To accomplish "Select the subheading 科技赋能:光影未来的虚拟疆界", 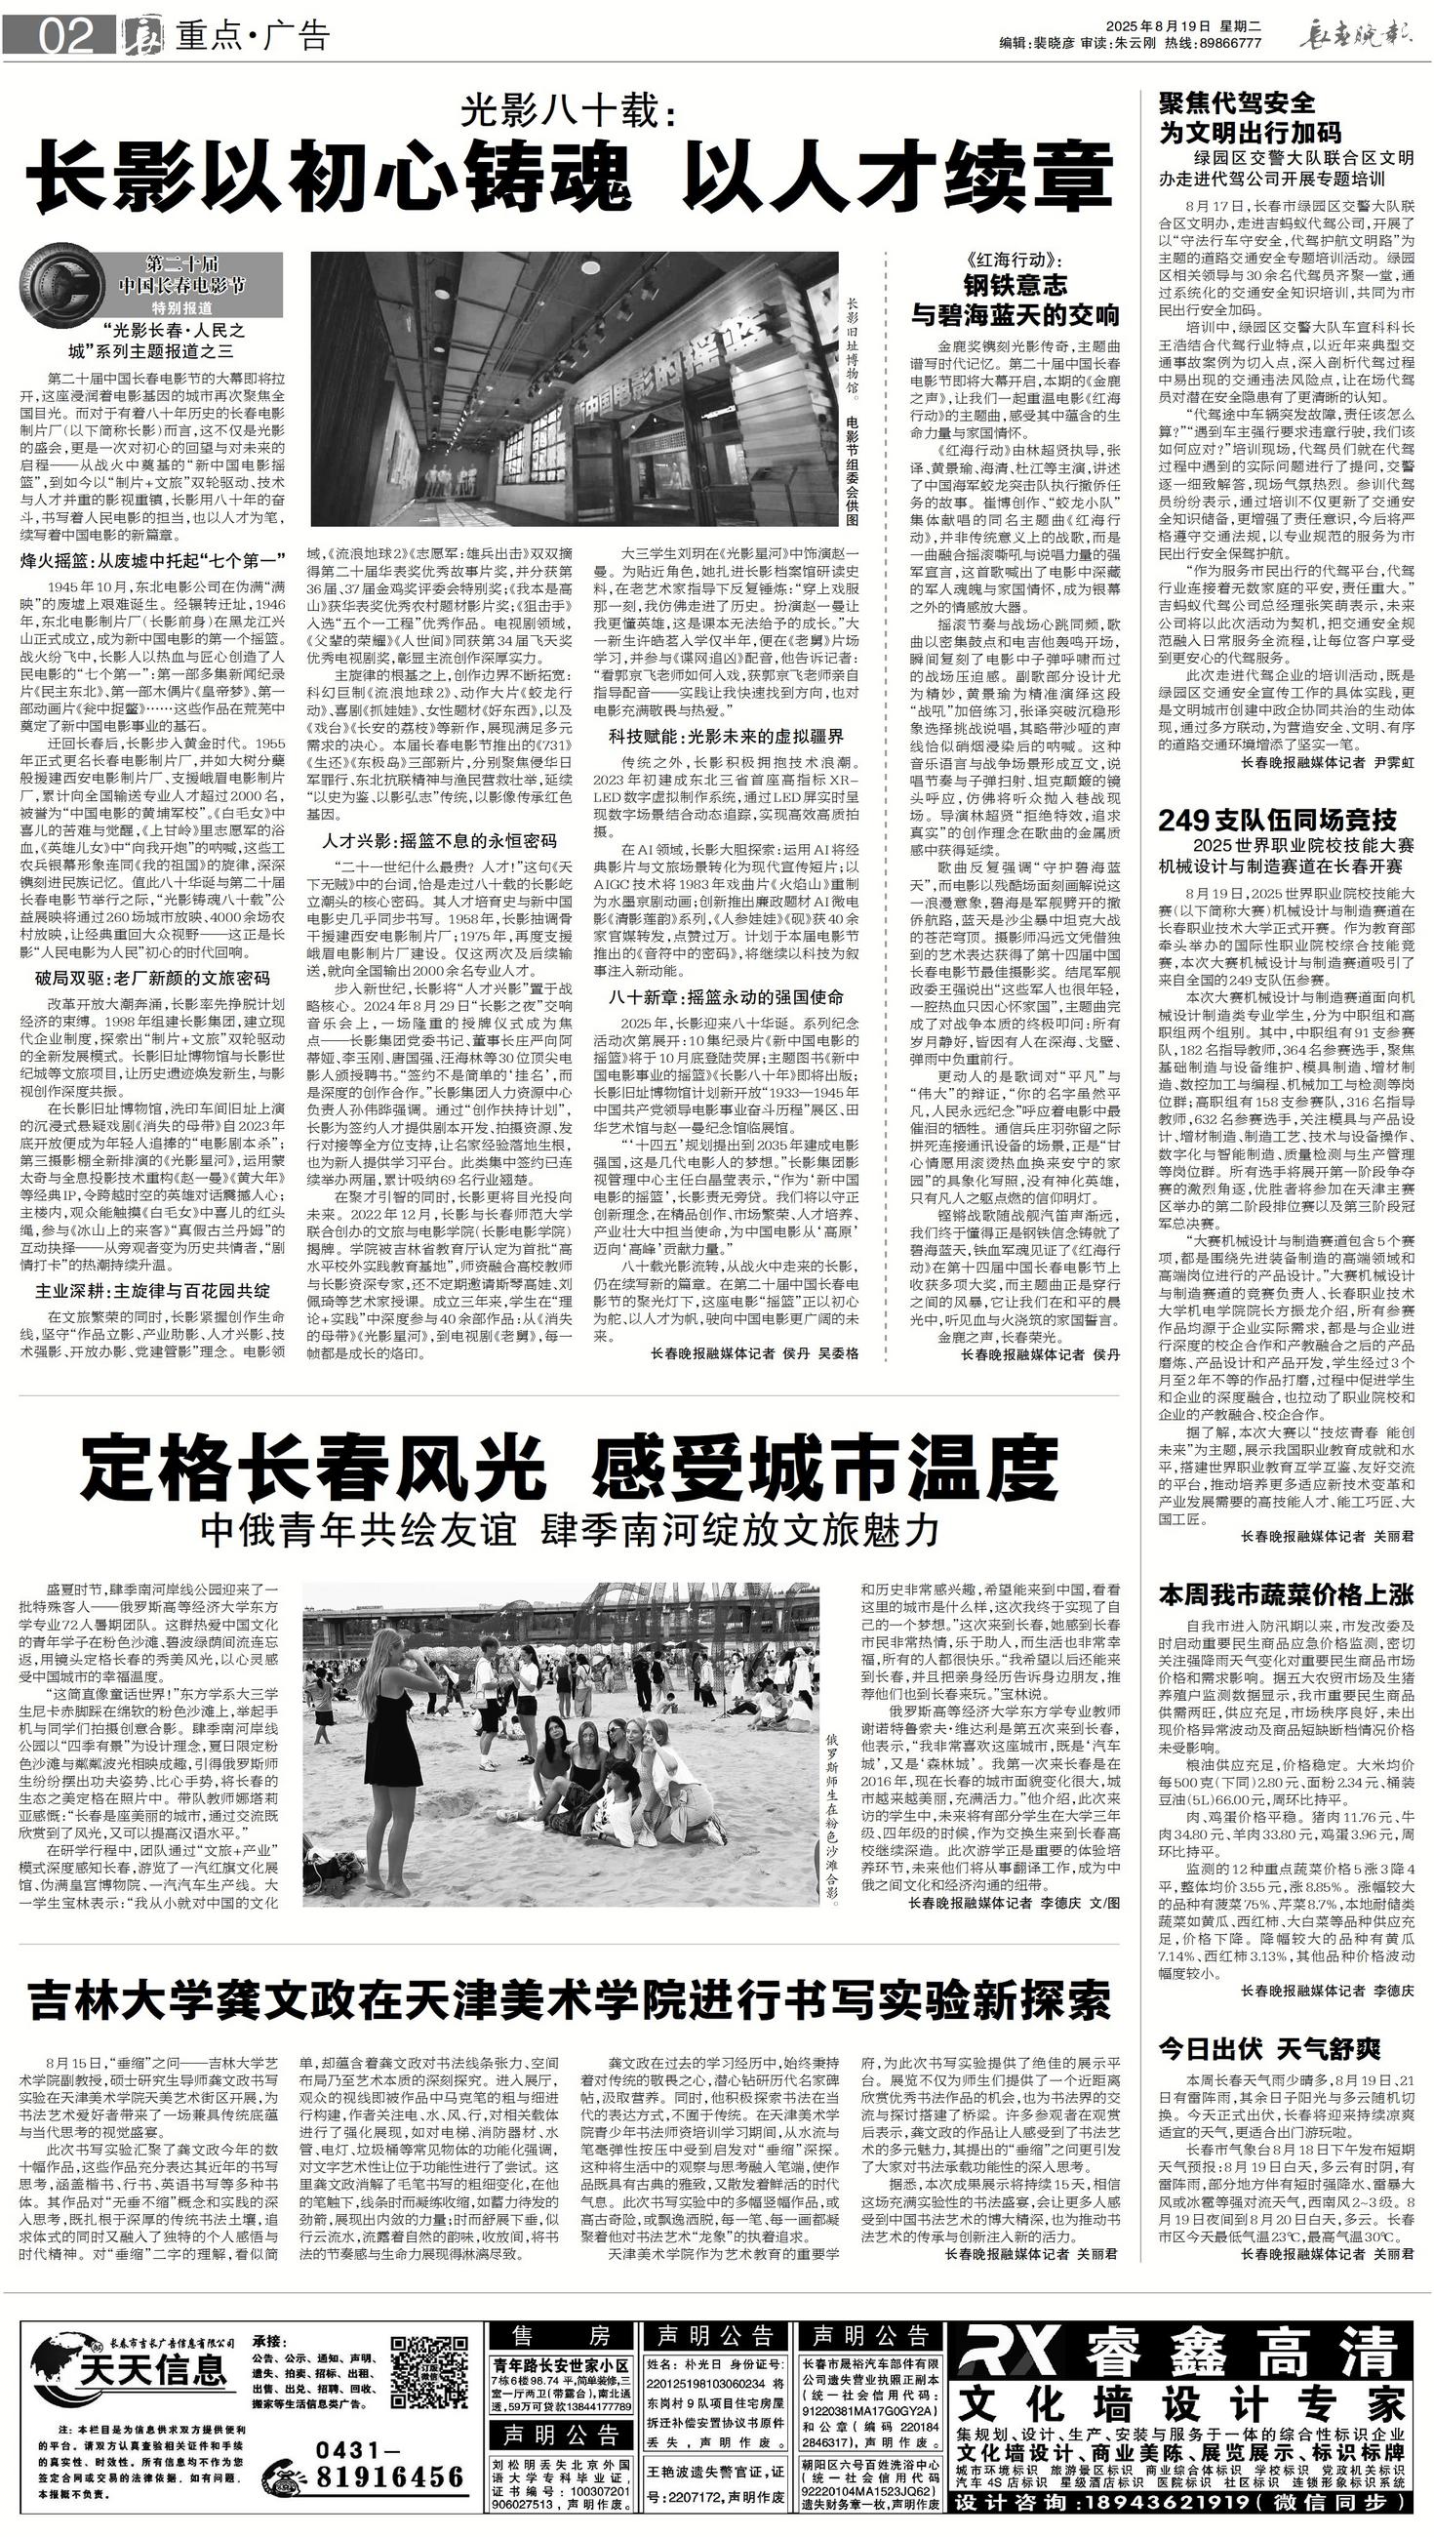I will pyautogui.click(x=726, y=736).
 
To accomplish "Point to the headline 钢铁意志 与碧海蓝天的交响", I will pyautogui.click(x=1015, y=301).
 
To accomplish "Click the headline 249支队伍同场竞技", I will pyautogui.click(x=1276, y=820).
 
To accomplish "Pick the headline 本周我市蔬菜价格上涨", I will pyautogui.click(x=1287, y=1593).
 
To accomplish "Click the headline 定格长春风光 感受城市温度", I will pyautogui.click(x=570, y=1468).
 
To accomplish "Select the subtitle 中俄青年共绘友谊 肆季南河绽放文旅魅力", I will pyautogui.click(x=570, y=1528).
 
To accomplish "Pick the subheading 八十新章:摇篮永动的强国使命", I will pyautogui.click(x=726, y=996).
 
